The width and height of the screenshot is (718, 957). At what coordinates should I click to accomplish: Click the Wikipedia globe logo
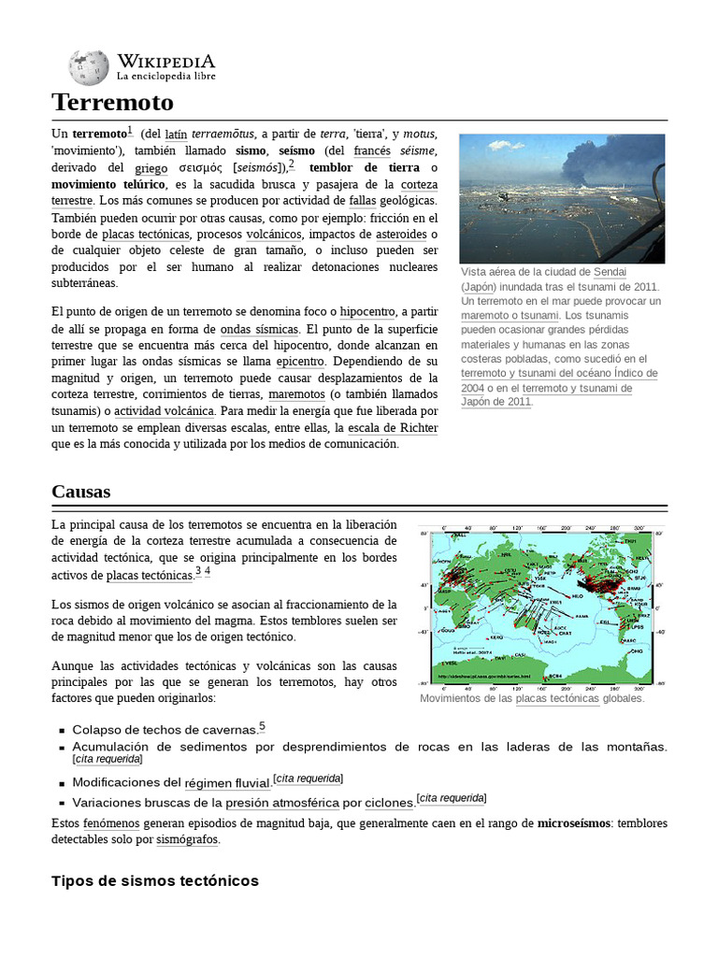(x=88, y=66)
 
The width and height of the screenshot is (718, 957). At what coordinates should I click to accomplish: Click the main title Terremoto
(x=112, y=102)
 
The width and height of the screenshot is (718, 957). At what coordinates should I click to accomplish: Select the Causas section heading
(x=81, y=491)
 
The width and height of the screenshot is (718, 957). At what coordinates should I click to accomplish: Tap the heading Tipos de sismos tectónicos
(x=154, y=880)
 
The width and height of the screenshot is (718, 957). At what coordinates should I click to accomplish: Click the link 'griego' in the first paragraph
(x=151, y=167)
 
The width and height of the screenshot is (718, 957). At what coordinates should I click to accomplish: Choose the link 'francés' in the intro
(x=371, y=150)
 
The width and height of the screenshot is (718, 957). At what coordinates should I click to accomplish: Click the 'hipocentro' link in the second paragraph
(x=366, y=312)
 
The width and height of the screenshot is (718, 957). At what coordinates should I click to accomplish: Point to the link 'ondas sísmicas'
(x=259, y=329)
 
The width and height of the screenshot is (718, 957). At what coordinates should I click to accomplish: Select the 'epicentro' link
(x=300, y=362)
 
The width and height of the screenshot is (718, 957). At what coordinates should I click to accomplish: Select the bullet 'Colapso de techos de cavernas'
(x=164, y=729)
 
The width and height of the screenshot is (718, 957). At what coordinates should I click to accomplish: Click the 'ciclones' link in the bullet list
(x=388, y=803)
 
